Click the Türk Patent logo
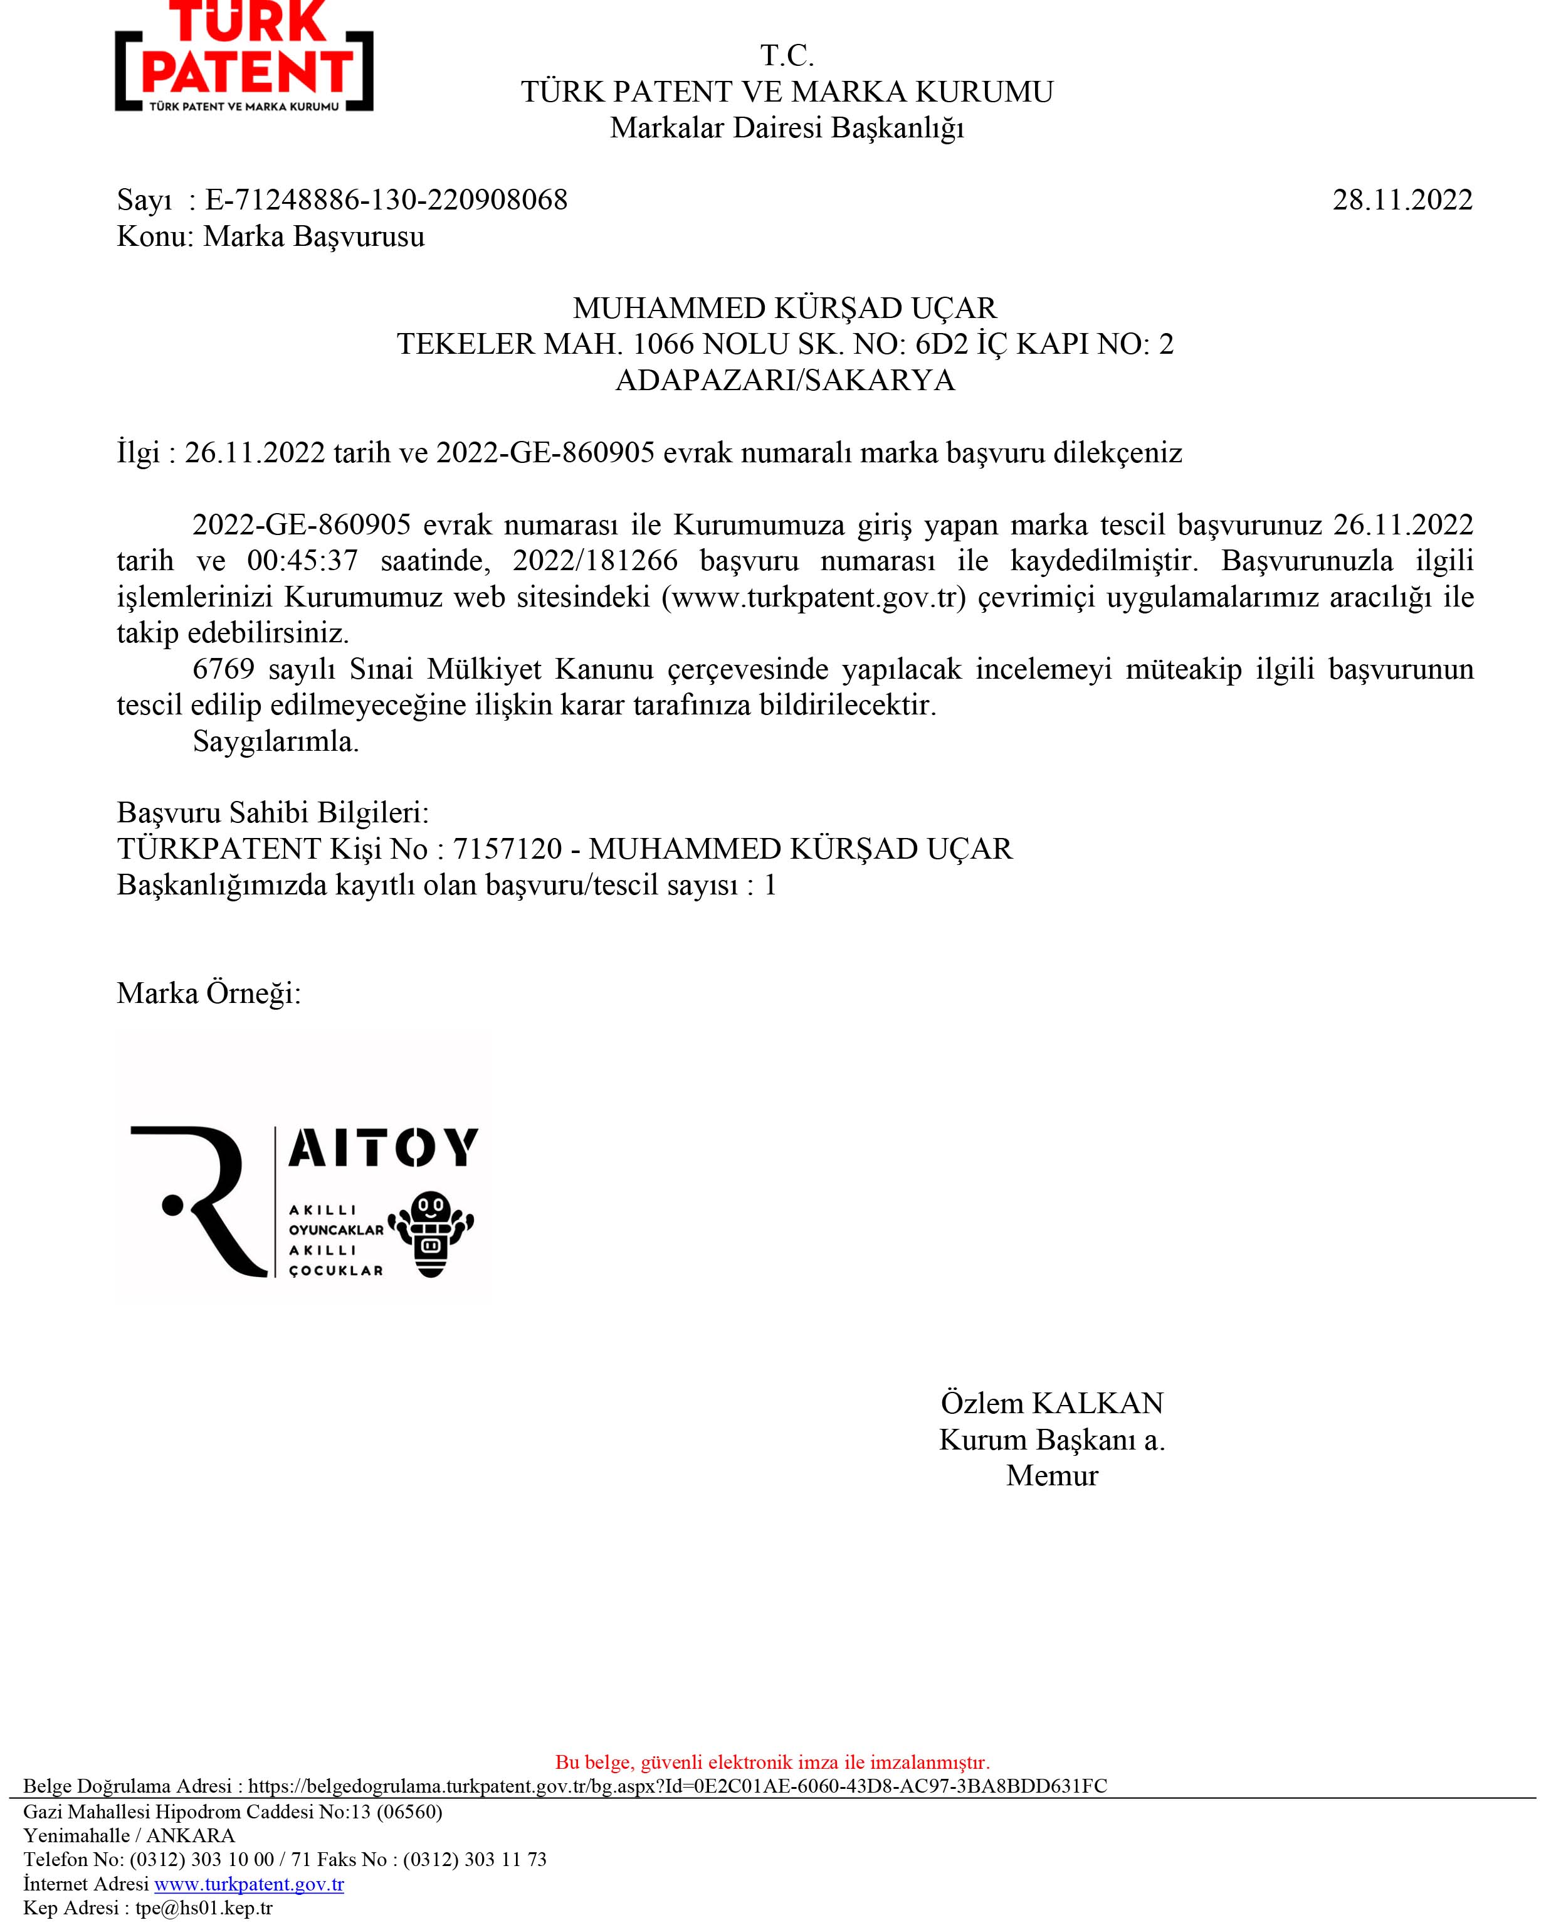point(244,58)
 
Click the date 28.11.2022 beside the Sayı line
point(1402,199)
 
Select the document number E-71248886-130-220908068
point(386,199)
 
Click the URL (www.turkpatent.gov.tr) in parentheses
point(814,597)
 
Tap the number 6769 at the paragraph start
point(223,669)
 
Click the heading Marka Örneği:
point(208,992)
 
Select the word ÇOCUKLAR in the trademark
point(336,1270)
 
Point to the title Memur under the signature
point(1051,1475)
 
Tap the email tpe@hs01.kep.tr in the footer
point(204,1908)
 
